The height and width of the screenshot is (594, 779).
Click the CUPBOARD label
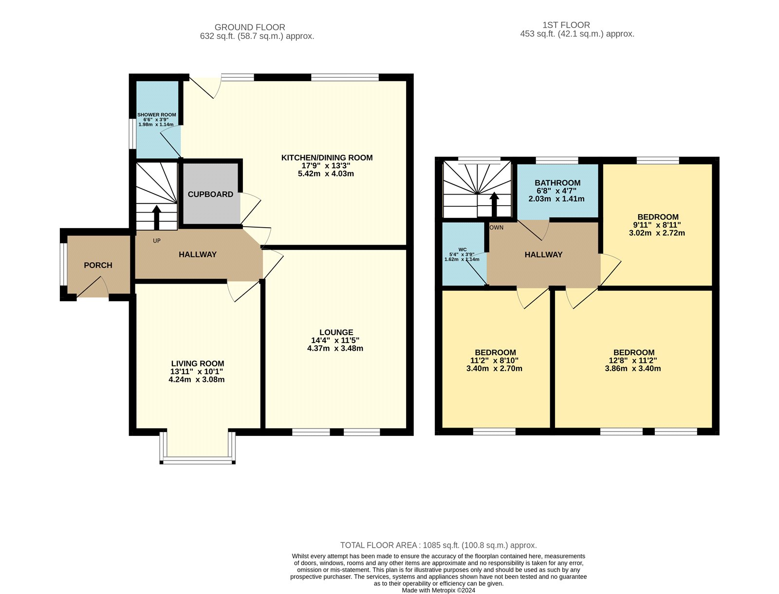pos(210,194)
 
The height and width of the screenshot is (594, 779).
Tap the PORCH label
pos(98,265)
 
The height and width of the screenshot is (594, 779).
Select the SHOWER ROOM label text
pos(156,115)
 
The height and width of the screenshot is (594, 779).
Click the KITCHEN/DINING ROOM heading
pos(327,158)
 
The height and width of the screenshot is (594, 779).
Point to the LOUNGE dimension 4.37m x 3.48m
pos(335,348)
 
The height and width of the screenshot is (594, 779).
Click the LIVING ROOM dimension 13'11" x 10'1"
pos(197,372)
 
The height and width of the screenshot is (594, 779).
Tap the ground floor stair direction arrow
pos(157,217)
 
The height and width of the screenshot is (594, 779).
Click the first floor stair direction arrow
pos(494,204)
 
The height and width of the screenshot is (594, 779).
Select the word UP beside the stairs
pos(157,241)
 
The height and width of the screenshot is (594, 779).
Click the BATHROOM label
pos(557,183)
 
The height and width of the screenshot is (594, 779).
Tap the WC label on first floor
pos(462,250)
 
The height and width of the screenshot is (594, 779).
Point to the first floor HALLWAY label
pos(543,254)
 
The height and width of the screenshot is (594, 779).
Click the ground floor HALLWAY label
pos(197,254)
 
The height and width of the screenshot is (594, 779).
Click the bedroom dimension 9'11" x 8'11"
pos(657,225)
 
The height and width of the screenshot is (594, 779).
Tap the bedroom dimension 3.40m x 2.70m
pos(494,368)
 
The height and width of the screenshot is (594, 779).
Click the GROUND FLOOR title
pos(250,27)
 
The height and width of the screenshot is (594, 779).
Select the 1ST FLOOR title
pos(566,25)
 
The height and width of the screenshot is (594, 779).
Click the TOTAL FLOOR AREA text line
pos(438,545)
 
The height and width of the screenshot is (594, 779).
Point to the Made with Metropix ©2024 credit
pos(438,590)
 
